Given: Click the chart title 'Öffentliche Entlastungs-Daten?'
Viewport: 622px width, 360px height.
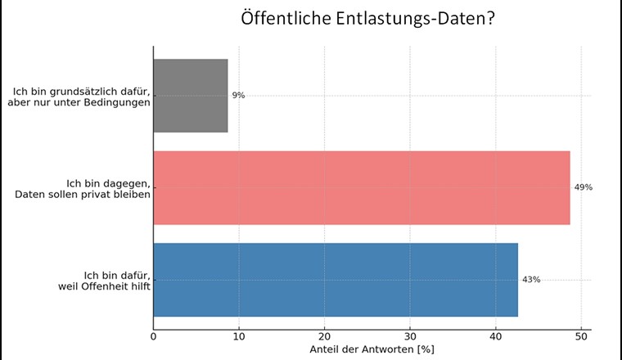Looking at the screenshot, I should point(367,19).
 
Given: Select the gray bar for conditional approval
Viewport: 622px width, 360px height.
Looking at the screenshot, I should point(191,96).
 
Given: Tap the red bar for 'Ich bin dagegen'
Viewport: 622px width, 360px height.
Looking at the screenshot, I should point(361,187).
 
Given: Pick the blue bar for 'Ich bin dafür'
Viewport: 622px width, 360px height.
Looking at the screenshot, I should point(336,280).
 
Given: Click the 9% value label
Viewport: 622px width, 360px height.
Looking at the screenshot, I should point(238,96).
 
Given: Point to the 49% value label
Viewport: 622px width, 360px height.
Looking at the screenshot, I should point(583,187).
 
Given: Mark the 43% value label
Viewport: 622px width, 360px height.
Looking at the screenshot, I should point(531,280).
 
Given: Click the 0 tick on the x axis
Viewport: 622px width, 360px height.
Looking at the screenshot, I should point(154,335).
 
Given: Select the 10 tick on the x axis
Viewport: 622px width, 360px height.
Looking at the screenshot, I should point(239,335).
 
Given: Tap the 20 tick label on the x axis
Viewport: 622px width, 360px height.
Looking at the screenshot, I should point(325,335).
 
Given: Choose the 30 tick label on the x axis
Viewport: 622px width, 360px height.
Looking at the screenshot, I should point(410,335).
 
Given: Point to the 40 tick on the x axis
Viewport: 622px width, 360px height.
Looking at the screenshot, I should point(495,335).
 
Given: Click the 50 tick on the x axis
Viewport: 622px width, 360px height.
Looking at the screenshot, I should point(581,335).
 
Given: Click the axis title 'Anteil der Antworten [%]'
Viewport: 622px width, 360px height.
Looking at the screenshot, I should point(372,349).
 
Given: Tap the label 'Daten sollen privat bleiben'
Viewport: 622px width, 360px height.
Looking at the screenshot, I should point(82,194).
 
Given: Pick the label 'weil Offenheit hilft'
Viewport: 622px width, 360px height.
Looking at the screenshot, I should point(106,286).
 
